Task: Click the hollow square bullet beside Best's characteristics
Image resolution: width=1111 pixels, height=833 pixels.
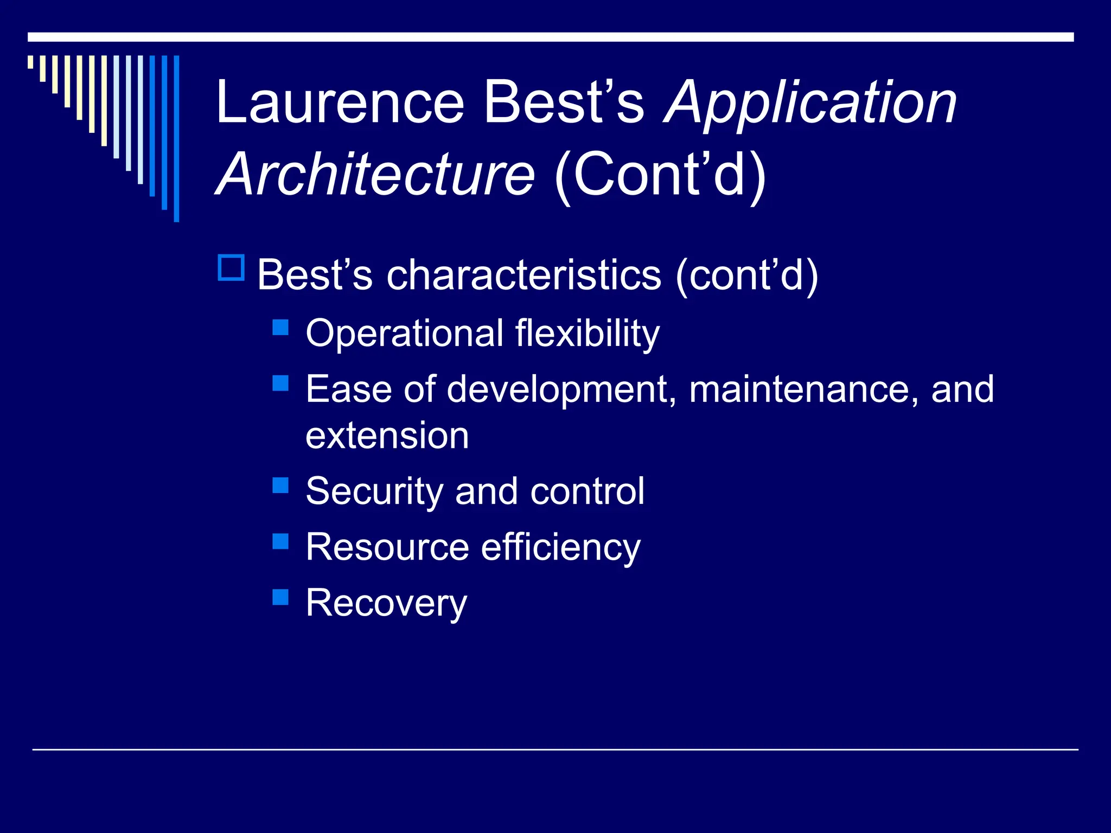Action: pyautogui.click(x=231, y=267)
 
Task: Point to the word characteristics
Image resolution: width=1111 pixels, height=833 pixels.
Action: pyautogui.click(x=523, y=275)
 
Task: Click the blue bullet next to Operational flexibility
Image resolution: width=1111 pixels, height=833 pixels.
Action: pyautogui.click(x=280, y=327)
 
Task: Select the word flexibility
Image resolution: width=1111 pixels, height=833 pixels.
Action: pyautogui.click(x=587, y=334)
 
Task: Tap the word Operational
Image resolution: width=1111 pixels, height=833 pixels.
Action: pyautogui.click(x=405, y=334)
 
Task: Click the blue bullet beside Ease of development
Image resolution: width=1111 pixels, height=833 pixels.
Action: pyautogui.click(x=280, y=383)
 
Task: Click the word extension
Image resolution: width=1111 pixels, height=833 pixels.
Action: pyautogui.click(x=387, y=435)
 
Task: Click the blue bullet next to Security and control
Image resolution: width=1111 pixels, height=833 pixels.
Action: pyautogui.click(x=280, y=485)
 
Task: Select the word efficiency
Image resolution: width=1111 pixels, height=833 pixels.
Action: pyautogui.click(x=560, y=548)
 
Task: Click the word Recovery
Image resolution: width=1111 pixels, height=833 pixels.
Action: pyautogui.click(x=386, y=604)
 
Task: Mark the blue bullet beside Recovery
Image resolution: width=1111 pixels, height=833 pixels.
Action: pyautogui.click(x=280, y=597)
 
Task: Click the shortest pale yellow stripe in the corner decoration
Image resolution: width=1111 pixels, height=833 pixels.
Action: pyautogui.click(x=30, y=62)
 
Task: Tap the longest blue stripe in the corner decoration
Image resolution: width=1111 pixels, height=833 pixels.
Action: pyautogui.click(x=176, y=138)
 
